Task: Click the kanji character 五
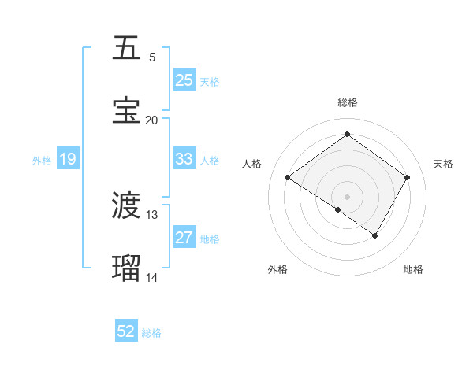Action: click(x=126, y=49)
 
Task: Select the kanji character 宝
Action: click(x=126, y=111)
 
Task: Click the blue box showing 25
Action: click(x=184, y=80)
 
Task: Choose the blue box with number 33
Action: click(x=184, y=159)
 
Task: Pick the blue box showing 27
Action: click(x=184, y=238)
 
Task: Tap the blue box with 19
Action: click(x=67, y=159)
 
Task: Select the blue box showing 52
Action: click(x=125, y=331)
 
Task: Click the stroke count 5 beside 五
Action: click(x=152, y=57)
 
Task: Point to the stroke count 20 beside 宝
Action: click(x=152, y=120)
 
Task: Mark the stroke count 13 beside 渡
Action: click(x=152, y=215)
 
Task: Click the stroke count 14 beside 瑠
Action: click(x=152, y=277)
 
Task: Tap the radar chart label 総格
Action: click(x=347, y=102)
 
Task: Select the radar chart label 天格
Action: click(x=443, y=164)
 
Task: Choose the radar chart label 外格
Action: click(x=277, y=269)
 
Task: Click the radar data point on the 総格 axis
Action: click(x=347, y=135)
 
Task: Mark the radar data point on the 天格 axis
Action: click(x=407, y=178)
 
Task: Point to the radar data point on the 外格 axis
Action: click(x=338, y=209)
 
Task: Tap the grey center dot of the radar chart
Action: click(x=347, y=196)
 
